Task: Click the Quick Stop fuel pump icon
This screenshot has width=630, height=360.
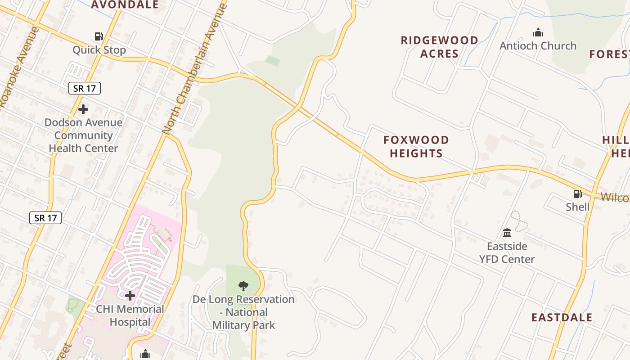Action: (99, 36)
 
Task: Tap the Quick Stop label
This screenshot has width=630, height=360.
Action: (99, 49)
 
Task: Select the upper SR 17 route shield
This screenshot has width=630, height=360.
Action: (85, 88)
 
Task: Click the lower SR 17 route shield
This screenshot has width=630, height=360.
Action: (46, 218)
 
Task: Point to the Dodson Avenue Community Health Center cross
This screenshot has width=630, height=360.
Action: (83, 109)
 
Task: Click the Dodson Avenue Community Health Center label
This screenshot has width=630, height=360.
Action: (83, 135)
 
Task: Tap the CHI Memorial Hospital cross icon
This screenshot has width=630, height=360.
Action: (130, 296)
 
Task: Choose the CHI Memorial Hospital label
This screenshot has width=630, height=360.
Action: (130, 315)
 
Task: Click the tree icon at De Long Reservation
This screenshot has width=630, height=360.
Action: (243, 286)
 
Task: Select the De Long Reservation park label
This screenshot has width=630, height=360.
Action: (243, 312)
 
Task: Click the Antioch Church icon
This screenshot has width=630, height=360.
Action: (538, 32)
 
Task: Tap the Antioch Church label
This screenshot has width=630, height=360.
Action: (538, 45)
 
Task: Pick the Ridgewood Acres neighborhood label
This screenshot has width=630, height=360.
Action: (439, 47)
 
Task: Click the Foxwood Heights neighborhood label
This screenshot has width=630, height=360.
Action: (416, 146)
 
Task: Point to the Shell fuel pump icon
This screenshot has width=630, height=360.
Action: (577, 194)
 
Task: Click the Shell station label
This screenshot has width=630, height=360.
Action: (577, 207)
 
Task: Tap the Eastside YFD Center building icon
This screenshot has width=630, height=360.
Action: (507, 233)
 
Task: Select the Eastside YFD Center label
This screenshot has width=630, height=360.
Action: (507, 252)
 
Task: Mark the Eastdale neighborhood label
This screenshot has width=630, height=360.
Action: (562, 317)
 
